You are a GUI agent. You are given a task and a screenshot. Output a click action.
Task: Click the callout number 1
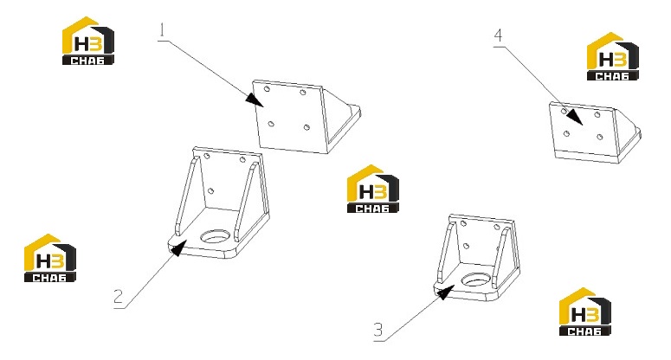tap(162, 30)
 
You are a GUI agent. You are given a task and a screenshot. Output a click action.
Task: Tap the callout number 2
tap(119, 296)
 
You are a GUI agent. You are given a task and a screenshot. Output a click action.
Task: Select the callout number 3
tap(377, 330)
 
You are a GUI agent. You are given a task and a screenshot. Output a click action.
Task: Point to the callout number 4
tap(498, 35)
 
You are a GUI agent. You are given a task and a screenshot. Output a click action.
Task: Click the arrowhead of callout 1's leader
tap(255, 100)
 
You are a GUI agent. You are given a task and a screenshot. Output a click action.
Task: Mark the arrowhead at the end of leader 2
tap(178, 248)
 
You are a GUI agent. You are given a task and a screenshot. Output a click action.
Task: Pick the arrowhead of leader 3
tap(445, 292)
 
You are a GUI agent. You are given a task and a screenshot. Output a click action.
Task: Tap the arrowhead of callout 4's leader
tap(575, 117)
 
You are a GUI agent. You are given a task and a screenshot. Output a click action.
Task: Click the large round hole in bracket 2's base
tap(216, 236)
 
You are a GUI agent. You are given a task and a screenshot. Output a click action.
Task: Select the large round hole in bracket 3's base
tap(475, 280)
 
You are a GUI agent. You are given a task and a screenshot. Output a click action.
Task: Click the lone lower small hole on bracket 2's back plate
tap(210, 190)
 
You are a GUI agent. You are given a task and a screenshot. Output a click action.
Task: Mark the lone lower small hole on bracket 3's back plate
tap(466, 246)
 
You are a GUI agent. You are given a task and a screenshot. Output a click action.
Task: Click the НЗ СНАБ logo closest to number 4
tap(612, 56)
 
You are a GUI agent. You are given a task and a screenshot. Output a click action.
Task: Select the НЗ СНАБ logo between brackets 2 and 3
tap(373, 189)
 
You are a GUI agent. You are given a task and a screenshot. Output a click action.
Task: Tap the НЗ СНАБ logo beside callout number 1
tap(88, 41)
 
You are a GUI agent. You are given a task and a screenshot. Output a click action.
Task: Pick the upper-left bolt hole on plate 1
tap(267, 89)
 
